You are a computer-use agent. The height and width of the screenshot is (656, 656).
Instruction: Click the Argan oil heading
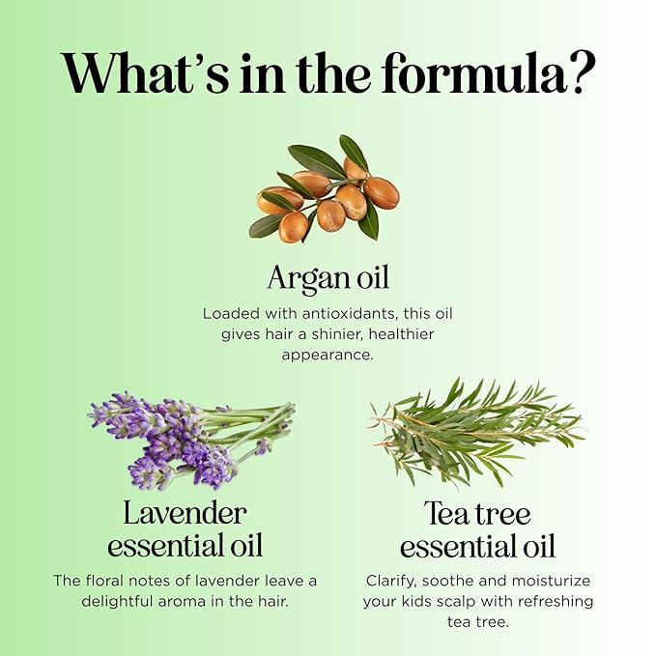point(328,278)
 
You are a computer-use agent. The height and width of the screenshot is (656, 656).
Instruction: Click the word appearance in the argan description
point(328,356)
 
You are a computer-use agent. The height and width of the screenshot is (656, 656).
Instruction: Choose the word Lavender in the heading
point(185,513)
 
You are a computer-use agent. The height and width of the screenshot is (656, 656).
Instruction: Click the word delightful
point(117,601)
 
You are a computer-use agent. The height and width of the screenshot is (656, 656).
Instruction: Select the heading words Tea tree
point(477,513)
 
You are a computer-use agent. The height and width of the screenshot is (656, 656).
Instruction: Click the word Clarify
point(391,581)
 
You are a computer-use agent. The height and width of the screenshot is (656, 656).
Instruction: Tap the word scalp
point(453,602)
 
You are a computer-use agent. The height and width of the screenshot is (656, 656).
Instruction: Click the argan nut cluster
point(325,188)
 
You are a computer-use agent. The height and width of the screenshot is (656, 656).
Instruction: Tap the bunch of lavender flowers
point(191,441)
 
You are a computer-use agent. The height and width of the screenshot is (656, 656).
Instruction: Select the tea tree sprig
point(476,432)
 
